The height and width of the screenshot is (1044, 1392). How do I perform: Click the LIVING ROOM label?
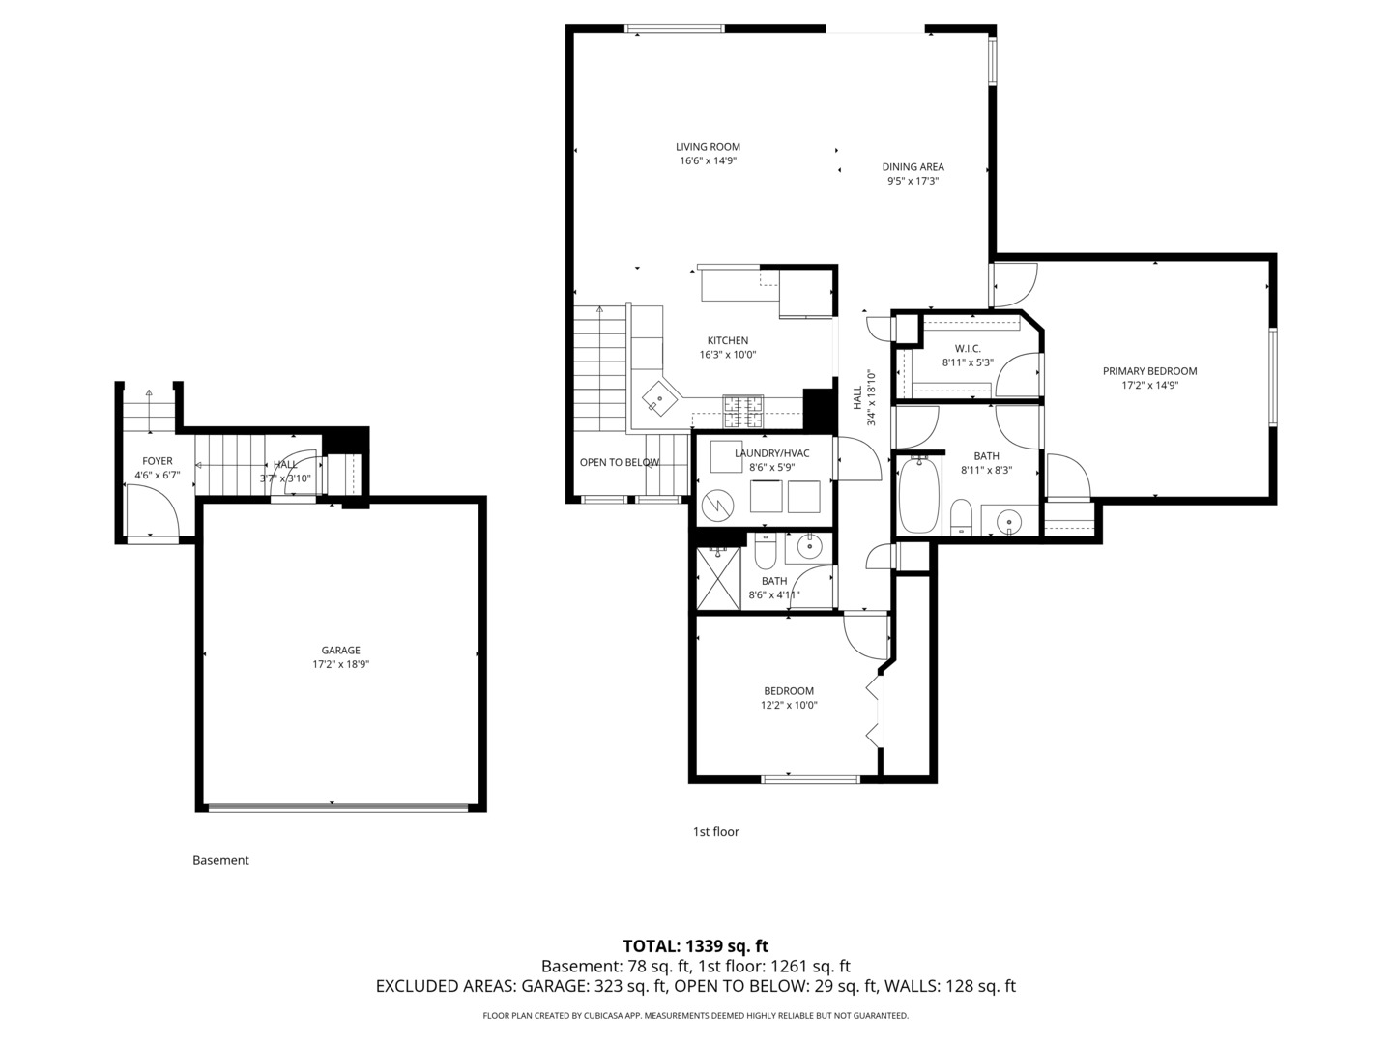coord(708,146)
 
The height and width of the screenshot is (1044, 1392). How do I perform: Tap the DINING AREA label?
coord(913,166)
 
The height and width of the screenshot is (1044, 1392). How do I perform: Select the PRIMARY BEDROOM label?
coord(1149,371)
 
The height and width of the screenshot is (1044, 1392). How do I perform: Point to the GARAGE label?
coord(340,650)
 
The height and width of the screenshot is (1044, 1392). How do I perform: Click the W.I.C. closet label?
coord(968,349)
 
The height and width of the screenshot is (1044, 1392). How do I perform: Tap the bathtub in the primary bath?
coord(919,495)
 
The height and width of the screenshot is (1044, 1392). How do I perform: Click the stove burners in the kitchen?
coord(743,411)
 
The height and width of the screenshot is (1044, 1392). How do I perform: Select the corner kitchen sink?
coord(659,398)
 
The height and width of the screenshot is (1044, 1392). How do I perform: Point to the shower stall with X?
coord(718,579)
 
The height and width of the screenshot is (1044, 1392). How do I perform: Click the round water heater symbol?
coord(718,506)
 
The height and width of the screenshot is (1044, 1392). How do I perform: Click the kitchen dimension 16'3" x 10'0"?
coord(727,355)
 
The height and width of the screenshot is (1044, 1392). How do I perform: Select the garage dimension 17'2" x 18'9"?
coord(340,664)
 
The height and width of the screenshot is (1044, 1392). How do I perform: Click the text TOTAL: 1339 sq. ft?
coord(696,946)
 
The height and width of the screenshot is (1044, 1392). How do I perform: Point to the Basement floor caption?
coord(220,860)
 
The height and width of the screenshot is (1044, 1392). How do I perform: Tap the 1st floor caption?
coord(716,831)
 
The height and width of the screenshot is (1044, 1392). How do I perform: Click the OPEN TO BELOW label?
coord(620,462)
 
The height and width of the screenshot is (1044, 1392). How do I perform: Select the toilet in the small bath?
coord(765,550)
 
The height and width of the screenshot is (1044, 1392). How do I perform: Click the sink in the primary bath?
coord(1009,522)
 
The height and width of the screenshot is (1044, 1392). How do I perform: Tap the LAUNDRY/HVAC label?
coord(771,453)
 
